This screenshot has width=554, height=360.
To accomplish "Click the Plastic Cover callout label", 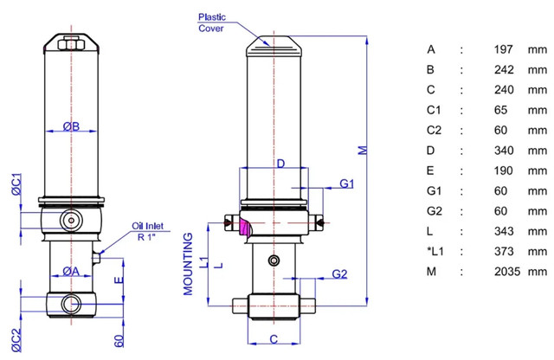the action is point(211,22).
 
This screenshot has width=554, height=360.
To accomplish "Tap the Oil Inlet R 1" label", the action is point(148,231).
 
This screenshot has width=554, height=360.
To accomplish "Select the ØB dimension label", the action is point(71,126).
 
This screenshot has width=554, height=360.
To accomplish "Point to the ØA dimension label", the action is point(71,271).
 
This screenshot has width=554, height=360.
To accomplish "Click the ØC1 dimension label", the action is point(16,184).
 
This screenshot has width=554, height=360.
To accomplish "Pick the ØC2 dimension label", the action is point(16,340).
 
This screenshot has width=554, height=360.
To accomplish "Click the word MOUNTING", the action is point(189,264).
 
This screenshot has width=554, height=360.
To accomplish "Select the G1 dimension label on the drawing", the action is point(346,183).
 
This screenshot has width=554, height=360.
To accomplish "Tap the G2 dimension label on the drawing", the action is point(339,273).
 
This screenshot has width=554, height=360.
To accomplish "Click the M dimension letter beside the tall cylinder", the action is point(363,151).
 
